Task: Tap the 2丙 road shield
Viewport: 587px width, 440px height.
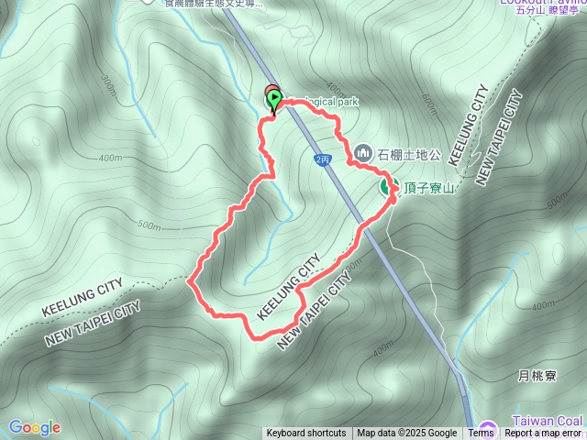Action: [x=322, y=159]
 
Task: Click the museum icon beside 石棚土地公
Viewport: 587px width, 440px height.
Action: [x=362, y=151]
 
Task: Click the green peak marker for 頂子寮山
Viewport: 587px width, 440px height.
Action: [x=387, y=187]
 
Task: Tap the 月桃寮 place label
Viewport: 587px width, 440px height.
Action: [x=537, y=377]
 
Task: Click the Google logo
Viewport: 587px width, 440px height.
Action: [x=34, y=427]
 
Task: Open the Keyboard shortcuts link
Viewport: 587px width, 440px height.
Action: [x=306, y=434]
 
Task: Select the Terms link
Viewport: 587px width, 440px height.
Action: [x=481, y=434]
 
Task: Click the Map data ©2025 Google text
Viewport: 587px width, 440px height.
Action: [x=407, y=434]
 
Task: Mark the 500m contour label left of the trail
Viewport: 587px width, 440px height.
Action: [x=147, y=225]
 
